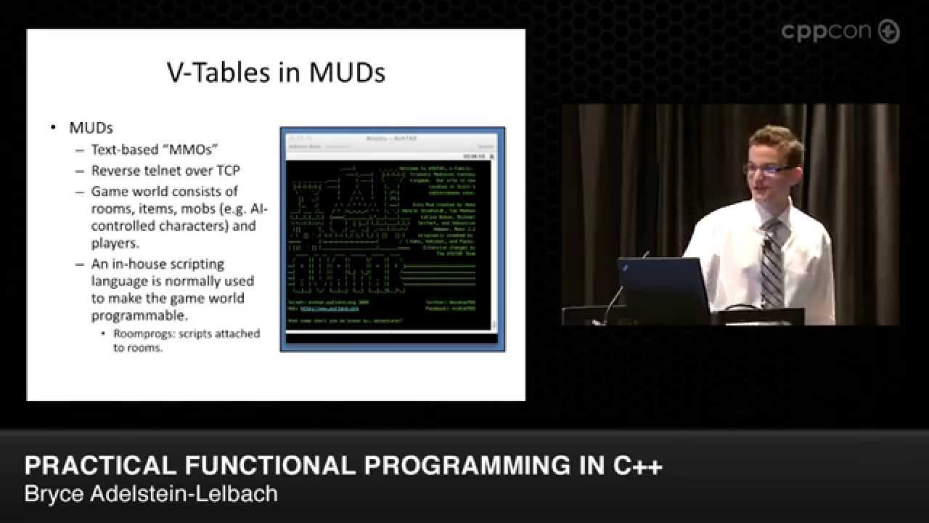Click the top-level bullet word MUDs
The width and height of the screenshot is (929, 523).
[x=91, y=128]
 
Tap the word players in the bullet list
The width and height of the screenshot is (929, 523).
[x=115, y=243]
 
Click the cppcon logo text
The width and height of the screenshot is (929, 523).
[x=827, y=31]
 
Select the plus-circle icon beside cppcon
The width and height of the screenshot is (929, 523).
[x=888, y=31]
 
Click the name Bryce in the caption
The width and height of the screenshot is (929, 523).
[x=52, y=495]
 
